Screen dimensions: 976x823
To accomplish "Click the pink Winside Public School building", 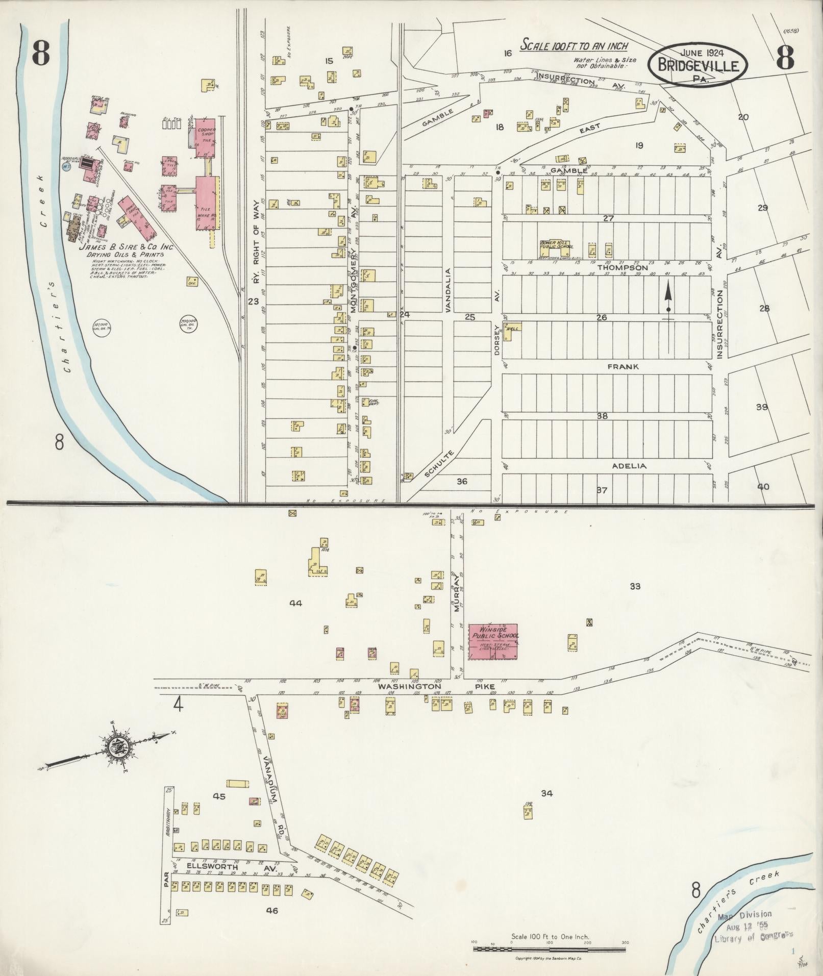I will point(493,641).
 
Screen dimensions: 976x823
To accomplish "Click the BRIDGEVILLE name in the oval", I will point(698,66).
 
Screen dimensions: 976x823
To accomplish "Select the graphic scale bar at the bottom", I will point(550,948).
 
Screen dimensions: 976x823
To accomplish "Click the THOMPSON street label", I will point(622,268).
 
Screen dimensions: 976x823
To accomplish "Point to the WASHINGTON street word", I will point(401,687).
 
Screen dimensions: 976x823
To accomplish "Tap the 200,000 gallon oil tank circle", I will point(189,323).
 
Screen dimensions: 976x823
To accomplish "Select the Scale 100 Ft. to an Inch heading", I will point(573,45).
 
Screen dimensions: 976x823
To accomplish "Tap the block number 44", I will point(295,603).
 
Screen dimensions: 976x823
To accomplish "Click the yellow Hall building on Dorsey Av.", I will point(511,332).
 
